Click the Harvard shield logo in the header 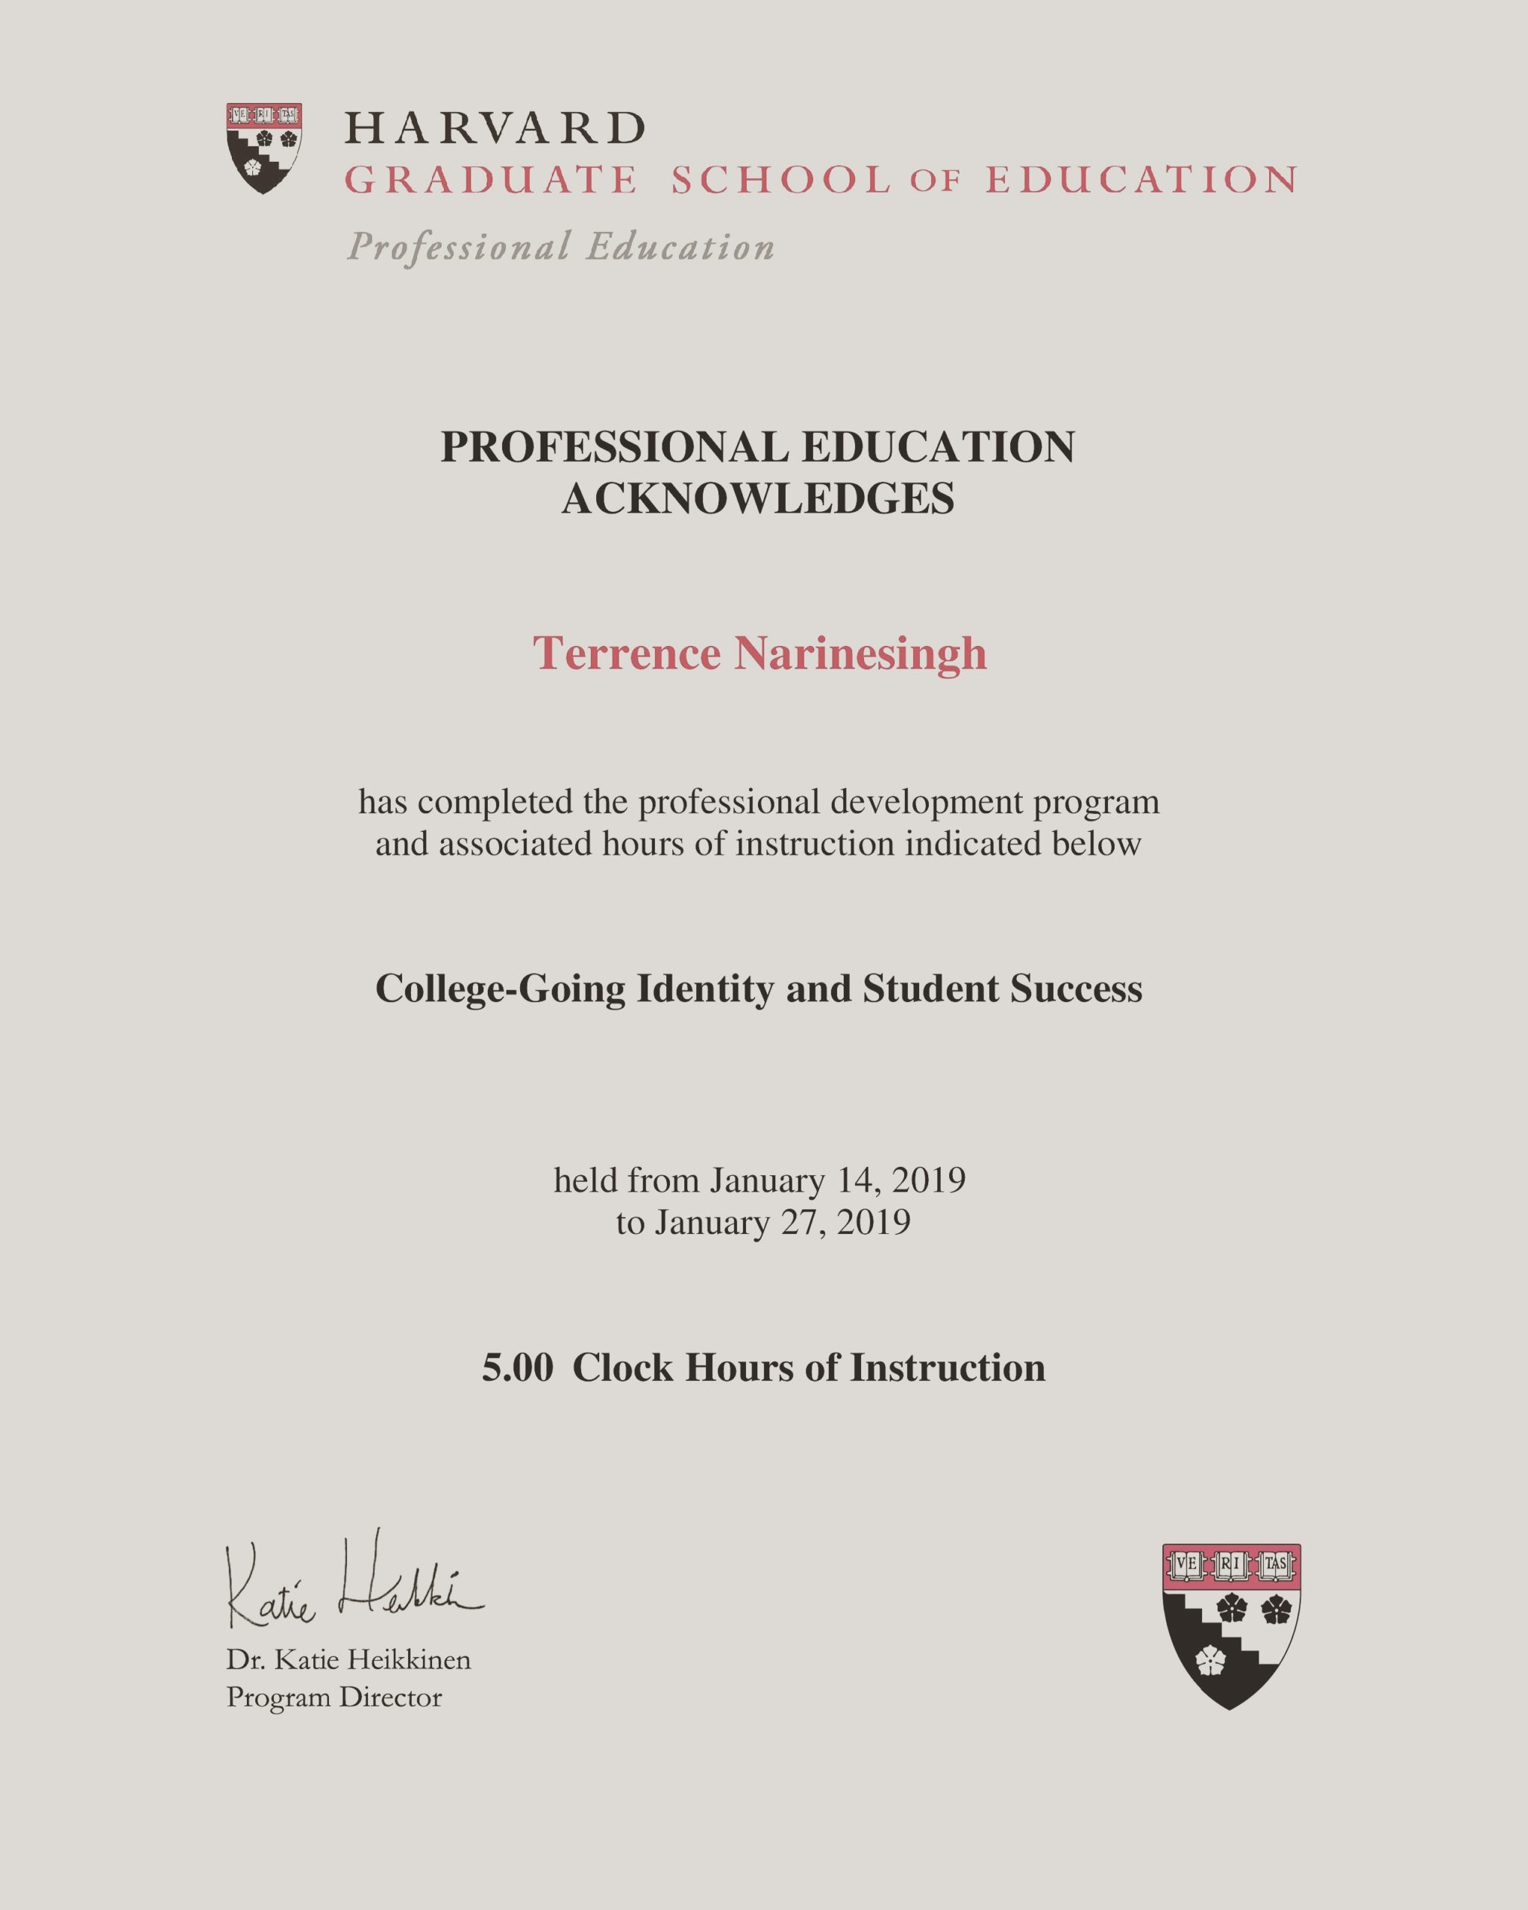click(264, 147)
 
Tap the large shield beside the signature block click(1230, 1626)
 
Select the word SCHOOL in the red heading click(780, 181)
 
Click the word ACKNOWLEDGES click(758, 498)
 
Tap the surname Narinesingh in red click(860, 654)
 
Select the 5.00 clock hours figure click(517, 1367)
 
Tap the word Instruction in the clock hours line click(948, 1367)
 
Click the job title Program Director click(334, 1697)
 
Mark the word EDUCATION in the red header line click(1142, 181)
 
